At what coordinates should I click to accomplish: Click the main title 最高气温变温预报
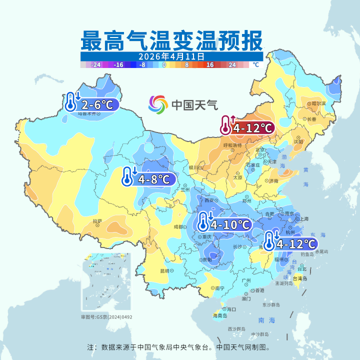tap(171, 39)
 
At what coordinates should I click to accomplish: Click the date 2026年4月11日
tap(171, 56)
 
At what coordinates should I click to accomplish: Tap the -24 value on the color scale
tap(96, 64)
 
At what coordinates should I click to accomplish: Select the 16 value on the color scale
tap(209, 64)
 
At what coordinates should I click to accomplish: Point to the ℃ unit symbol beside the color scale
tap(255, 64)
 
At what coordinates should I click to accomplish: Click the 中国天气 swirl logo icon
tap(158, 104)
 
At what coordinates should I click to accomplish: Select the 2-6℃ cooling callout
tap(93, 103)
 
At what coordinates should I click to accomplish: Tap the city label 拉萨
tap(97, 220)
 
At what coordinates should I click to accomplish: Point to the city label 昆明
tap(164, 271)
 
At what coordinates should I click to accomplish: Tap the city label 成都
tap(178, 226)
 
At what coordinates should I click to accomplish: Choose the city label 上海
tap(302, 219)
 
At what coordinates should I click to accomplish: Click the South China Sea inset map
tap(106, 281)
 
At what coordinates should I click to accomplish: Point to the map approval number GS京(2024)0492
tap(107, 316)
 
